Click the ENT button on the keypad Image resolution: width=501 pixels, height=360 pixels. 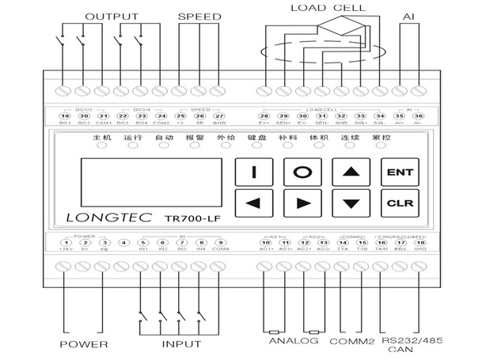point(395,172)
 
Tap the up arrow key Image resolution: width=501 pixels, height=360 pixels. point(350,172)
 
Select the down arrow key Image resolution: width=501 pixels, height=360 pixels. point(350,203)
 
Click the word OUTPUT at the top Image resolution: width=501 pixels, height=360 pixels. point(112,17)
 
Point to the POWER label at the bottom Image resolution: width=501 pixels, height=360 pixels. point(84,344)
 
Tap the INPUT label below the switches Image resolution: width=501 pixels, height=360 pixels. point(181,344)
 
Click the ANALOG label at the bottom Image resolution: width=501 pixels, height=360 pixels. point(294,341)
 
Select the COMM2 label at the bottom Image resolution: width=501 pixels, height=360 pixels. point(352,341)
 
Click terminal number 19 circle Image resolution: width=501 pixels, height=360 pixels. point(65,116)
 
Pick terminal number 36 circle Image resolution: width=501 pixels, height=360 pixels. point(419,116)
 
